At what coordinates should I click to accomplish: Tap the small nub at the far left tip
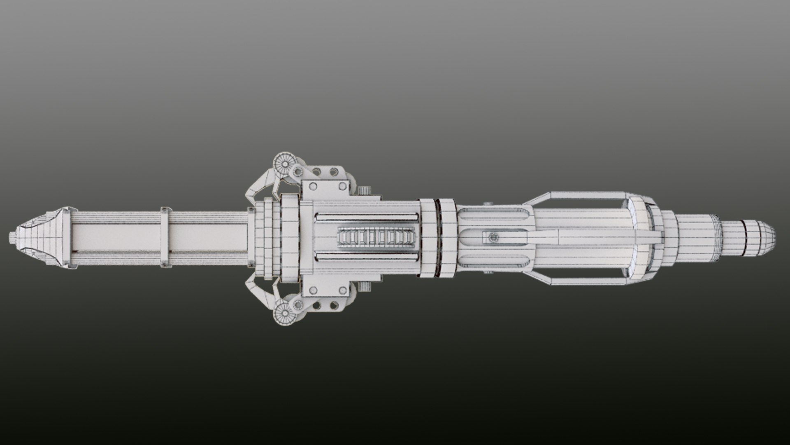(x=12, y=237)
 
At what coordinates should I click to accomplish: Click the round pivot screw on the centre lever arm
(x=493, y=237)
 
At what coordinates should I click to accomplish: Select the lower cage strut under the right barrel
(x=584, y=281)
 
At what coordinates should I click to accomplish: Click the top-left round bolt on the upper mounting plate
(x=313, y=186)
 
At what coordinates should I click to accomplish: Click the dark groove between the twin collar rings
(x=437, y=237)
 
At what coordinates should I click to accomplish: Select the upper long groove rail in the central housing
(x=366, y=216)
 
